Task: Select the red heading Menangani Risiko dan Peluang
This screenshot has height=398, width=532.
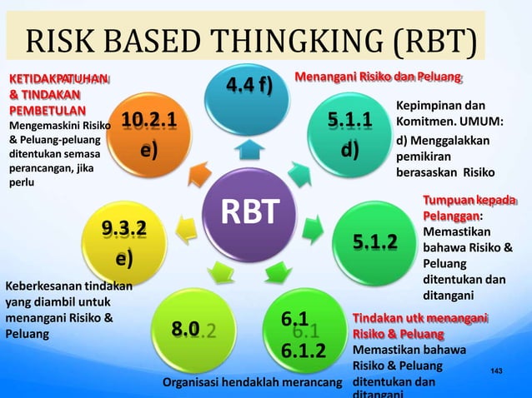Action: [x=379, y=78]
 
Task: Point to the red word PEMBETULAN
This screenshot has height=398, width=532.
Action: [x=46, y=110]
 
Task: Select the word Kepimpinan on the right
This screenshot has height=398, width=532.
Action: [x=424, y=107]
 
